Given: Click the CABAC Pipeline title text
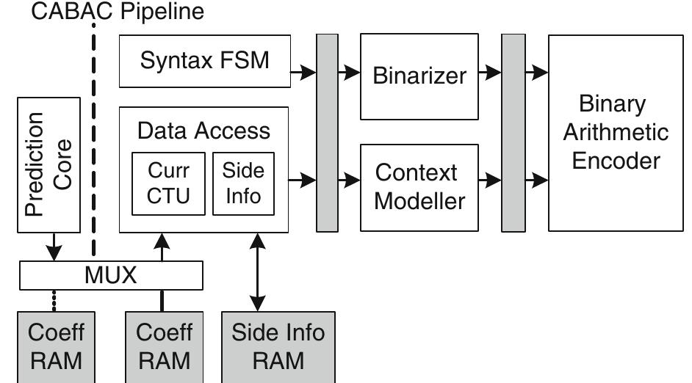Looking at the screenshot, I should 118,12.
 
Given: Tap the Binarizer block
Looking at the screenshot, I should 419,76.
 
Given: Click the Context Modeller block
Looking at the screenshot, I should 419,186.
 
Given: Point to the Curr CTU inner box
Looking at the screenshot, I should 168,183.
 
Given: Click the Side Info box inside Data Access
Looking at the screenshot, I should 243,183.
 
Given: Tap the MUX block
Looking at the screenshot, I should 110,276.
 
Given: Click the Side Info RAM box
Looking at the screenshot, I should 278,346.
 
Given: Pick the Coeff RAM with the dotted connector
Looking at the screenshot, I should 57,346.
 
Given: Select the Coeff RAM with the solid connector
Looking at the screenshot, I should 165,346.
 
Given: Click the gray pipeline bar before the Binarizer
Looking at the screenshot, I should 325,132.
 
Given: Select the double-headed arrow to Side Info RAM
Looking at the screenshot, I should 257,271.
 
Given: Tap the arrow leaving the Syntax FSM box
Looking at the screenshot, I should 303,72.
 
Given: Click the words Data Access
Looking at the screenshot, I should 203,131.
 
